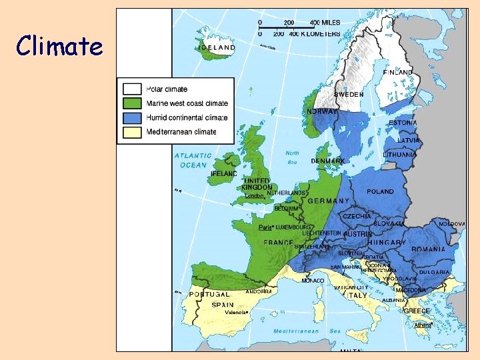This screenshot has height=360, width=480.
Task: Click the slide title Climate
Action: (60, 47)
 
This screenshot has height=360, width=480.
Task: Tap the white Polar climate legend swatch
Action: (132, 89)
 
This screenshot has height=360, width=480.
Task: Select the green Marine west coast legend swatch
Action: (132, 103)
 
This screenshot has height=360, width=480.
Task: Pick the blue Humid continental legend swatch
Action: (132, 117)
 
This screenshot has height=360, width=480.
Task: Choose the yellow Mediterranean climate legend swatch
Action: (132, 131)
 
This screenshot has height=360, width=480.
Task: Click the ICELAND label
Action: (215, 48)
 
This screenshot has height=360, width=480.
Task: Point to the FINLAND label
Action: (398, 72)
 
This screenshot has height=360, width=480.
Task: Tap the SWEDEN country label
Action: (349, 95)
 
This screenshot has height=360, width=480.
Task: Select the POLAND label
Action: (380, 191)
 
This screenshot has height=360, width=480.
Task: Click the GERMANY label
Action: (329, 201)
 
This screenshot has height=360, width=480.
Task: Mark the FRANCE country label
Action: (278, 243)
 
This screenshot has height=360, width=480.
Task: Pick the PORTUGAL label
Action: (209, 294)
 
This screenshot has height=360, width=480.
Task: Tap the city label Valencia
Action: (236, 312)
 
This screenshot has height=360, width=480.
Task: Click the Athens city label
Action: (423, 325)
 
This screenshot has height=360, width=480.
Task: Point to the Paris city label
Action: (266, 227)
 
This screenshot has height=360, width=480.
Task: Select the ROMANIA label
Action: (429, 249)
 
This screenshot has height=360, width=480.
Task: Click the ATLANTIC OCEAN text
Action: (193, 160)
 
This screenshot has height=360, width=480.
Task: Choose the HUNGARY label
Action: (385, 243)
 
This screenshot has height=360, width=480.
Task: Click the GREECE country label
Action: (417, 311)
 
